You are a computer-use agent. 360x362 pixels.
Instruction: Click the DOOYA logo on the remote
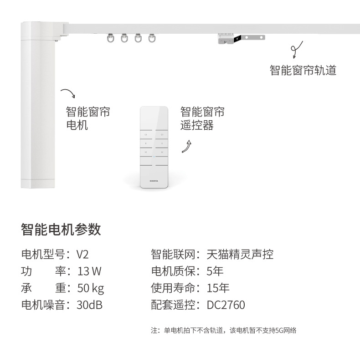154,181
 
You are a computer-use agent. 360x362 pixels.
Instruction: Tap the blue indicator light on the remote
154,157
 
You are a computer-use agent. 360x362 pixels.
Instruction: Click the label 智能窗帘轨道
303,70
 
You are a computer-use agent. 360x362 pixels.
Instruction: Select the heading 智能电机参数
61,229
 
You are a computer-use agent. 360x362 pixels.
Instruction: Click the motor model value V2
82,255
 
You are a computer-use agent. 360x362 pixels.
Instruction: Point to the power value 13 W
89,271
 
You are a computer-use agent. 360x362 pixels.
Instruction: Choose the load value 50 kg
91,288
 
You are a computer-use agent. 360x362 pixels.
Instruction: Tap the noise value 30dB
89,305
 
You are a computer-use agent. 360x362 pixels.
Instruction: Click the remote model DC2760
226,305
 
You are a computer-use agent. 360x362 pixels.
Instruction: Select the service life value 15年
218,288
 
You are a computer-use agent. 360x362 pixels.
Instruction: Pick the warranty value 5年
215,271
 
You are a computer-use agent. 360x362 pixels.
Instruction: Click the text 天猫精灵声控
240,255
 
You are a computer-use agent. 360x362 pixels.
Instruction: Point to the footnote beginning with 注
223,331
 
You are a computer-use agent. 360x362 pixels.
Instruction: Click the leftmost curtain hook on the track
111,38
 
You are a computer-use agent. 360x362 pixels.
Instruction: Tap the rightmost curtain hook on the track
152,38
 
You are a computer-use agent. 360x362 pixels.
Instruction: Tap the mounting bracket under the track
241,38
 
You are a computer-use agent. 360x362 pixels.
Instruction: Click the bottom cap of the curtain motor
38,184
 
